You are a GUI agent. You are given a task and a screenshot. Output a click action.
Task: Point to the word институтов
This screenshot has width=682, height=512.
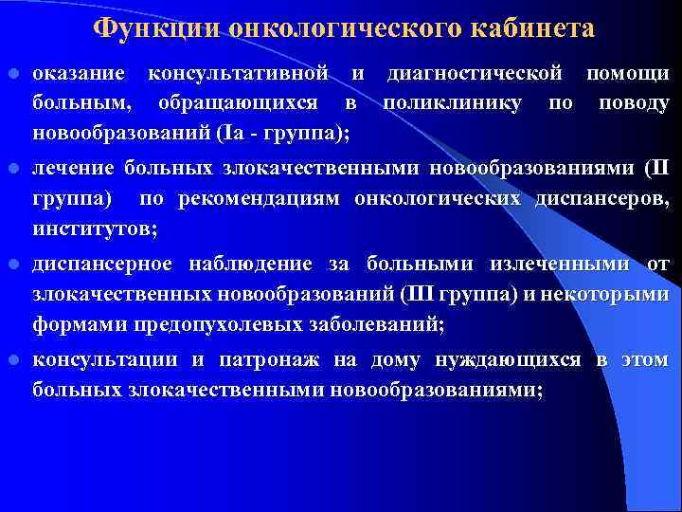92,229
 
